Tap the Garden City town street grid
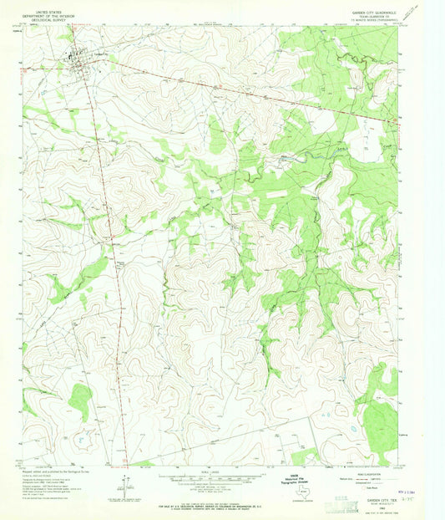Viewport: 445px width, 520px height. click(x=78, y=60)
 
